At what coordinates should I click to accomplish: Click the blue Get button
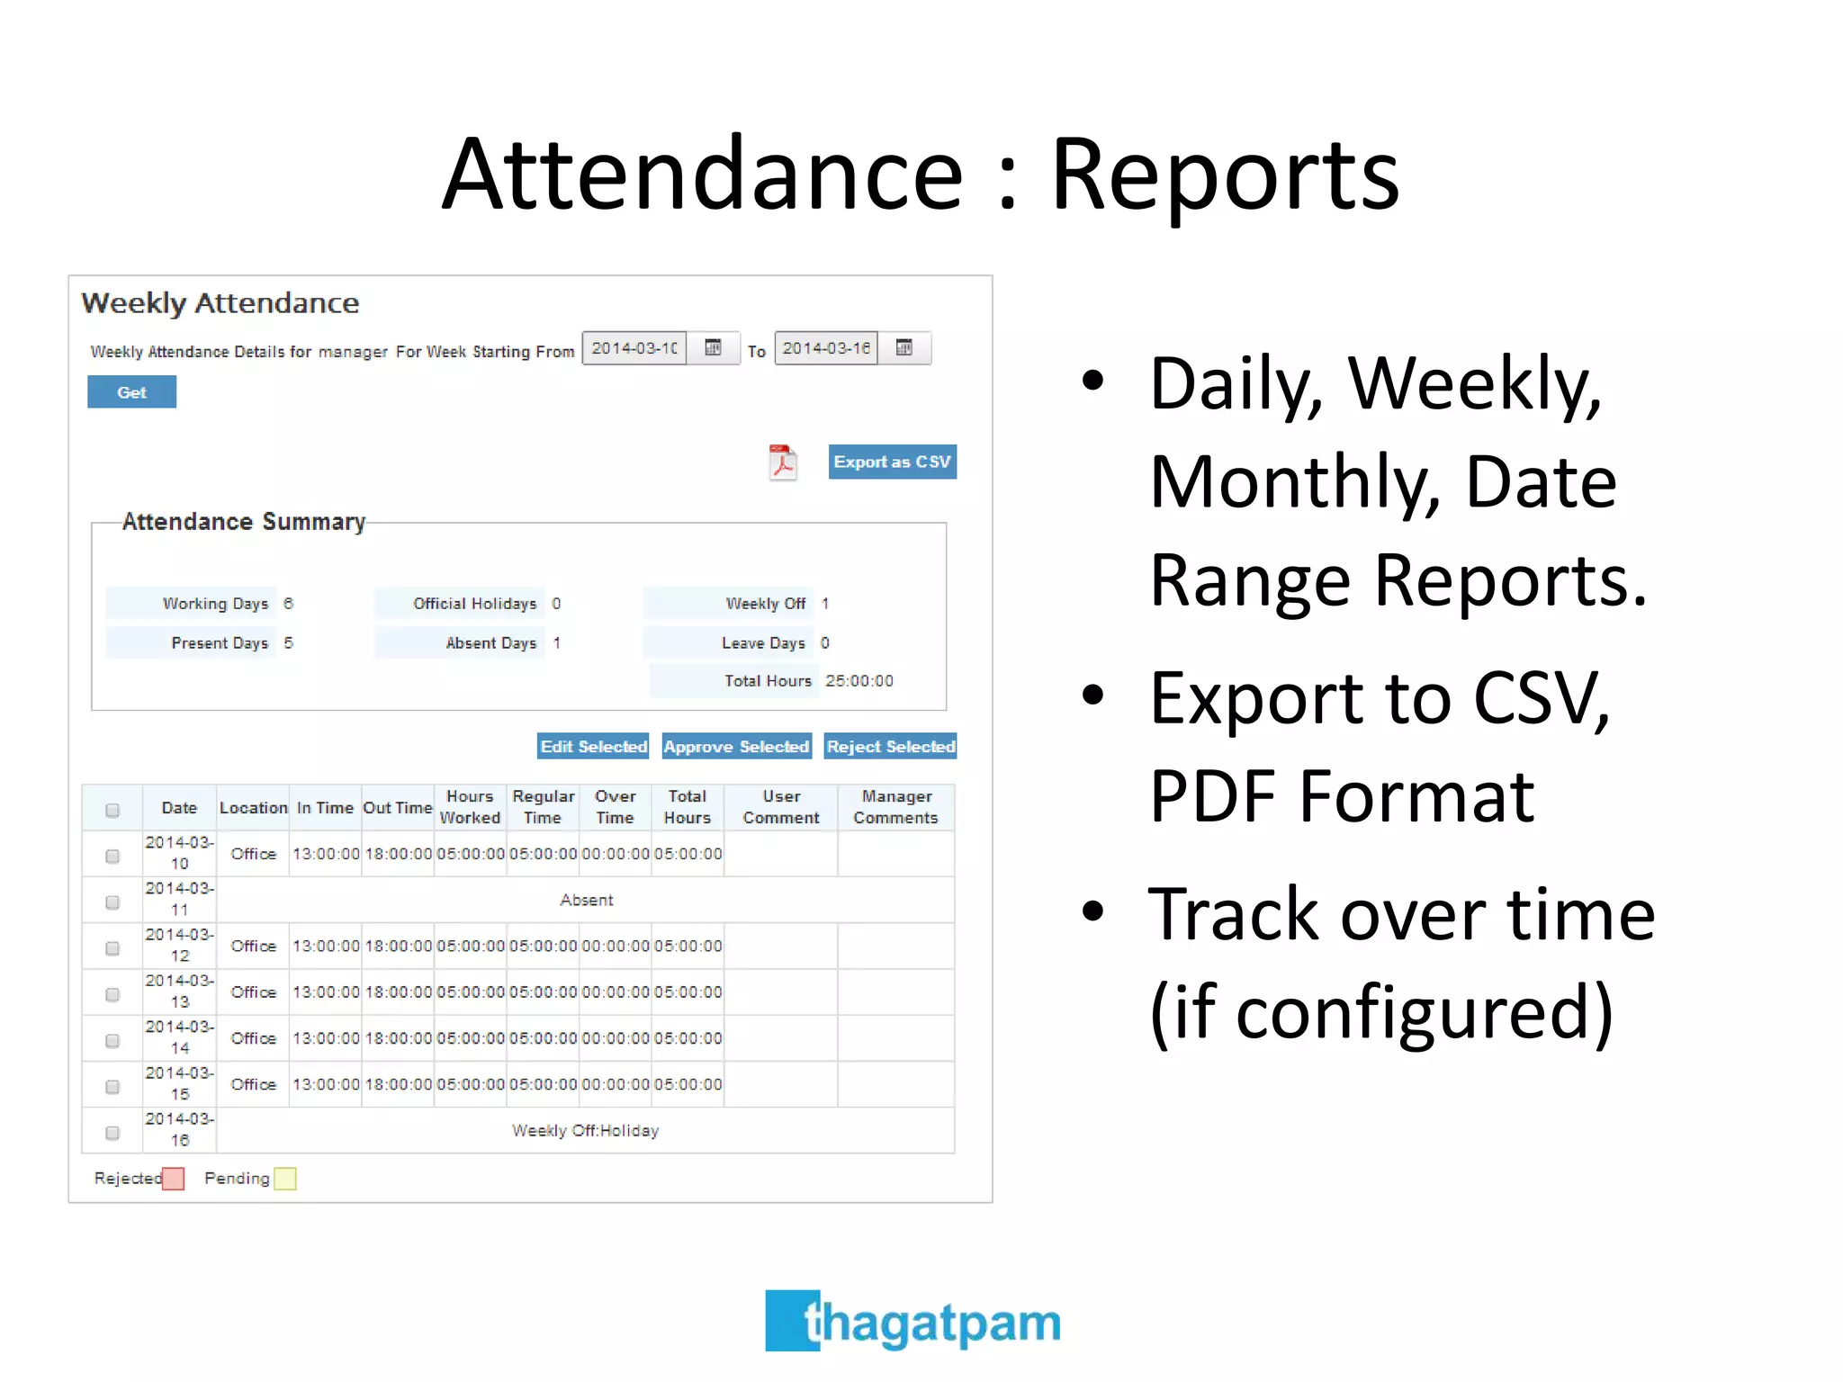point(131,392)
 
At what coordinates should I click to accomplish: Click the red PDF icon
point(782,462)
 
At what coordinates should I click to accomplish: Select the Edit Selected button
point(593,746)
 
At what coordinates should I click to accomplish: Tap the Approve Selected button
point(736,746)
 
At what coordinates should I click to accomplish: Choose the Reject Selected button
point(890,746)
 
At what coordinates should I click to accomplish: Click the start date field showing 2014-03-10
point(634,348)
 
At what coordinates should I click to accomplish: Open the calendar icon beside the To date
point(904,348)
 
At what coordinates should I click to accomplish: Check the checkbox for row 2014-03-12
point(112,947)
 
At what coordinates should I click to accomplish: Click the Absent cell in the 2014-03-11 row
point(586,900)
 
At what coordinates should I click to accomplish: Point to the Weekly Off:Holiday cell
point(585,1130)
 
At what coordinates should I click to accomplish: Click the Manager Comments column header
point(895,807)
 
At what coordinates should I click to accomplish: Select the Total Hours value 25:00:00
point(859,681)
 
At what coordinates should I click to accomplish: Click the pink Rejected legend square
point(174,1179)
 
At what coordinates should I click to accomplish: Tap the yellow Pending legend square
point(285,1179)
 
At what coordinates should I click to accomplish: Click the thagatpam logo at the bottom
point(913,1321)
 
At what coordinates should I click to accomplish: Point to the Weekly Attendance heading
point(220,303)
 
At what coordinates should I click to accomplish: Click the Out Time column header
point(397,808)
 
